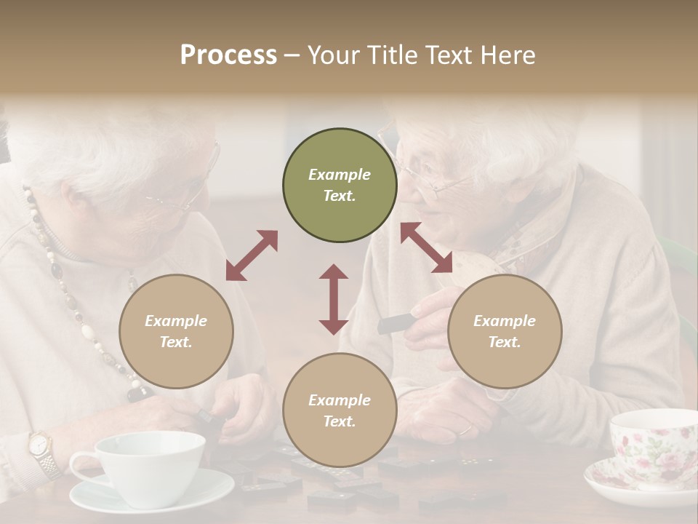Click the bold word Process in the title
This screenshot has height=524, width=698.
228,55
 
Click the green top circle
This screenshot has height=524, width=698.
340,186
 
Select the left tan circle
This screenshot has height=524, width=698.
176,331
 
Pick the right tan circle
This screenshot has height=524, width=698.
505,331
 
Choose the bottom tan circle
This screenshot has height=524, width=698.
340,410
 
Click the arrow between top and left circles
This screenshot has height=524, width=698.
252,255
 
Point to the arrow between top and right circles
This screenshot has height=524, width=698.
427,247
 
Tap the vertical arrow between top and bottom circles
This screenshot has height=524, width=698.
334,299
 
